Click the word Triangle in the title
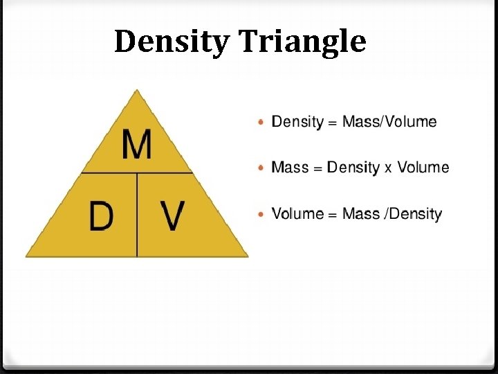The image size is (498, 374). (302, 42)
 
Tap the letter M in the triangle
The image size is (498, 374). (137, 145)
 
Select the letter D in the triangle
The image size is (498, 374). (101, 216)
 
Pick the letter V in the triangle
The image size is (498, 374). (173, 216)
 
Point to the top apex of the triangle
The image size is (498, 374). (138, 90)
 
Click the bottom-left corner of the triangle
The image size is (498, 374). (27, 256)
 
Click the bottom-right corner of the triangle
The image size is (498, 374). (247, 256)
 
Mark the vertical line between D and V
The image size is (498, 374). (137, 215)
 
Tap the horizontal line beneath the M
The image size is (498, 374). (137, 172)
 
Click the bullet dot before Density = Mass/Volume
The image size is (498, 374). (260, 123)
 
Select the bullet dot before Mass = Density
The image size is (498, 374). (260, 168)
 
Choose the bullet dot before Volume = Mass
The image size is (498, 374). (260, 214)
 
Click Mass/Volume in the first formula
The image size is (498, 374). (390, 122)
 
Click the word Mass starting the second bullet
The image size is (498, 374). (290, 168)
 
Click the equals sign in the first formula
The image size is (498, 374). (333, 123)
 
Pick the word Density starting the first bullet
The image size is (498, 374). (297, 122)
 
